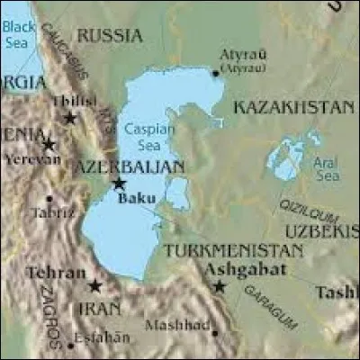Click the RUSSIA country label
[109, 35]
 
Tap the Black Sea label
[19, 33]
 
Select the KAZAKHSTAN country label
[293, 107]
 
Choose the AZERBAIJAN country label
[130, 167]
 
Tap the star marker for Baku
[118, 184]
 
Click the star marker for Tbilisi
[70, 118]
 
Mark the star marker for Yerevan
[49, 144]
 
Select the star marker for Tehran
[94, 286]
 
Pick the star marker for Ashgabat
[219, 286]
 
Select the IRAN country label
[94, 309]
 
